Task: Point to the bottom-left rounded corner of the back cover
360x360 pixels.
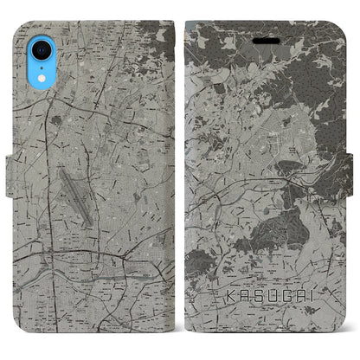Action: (x=20, y=337)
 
